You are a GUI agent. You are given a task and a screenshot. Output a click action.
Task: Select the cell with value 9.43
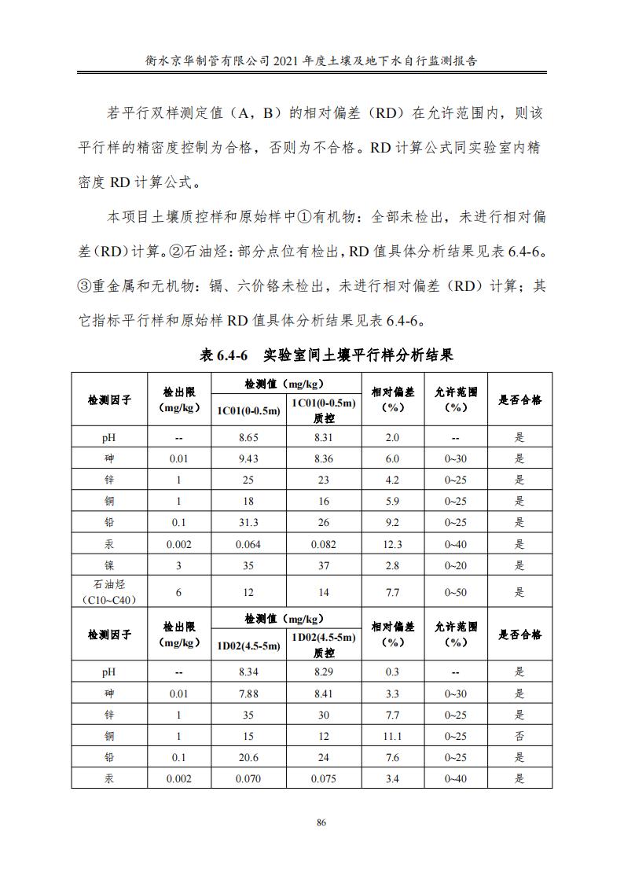point(248,459)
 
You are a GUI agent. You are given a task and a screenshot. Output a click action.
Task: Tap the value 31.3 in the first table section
point(248,523)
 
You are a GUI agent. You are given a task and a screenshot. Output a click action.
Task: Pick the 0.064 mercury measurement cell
point(248,545)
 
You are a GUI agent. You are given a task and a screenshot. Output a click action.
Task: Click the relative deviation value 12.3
point(392,545)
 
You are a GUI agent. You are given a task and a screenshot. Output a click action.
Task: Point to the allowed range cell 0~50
point(456,593)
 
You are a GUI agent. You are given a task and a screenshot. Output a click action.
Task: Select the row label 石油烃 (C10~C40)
point(110,593)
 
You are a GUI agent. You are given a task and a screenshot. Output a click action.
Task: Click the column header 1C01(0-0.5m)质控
point(323,410)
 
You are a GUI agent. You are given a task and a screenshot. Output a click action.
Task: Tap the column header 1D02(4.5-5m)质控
point(323,646)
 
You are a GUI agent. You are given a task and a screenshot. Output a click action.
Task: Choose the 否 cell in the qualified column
point(519,736)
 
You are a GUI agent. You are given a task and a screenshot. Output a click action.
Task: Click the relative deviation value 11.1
point(392,736)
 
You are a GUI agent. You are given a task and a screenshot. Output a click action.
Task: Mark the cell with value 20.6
point(248,758)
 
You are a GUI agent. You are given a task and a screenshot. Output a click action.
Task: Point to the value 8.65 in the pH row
point(248,437)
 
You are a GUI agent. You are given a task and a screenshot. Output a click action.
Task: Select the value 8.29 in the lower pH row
point(323,672)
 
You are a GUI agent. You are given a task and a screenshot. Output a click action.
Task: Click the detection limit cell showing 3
point(178,566)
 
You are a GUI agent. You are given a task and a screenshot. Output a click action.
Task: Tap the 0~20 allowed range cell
point(456,566)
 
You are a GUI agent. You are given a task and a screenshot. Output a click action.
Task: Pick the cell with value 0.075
point(323,779)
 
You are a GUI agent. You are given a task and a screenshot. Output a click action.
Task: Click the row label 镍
point(110,566)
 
